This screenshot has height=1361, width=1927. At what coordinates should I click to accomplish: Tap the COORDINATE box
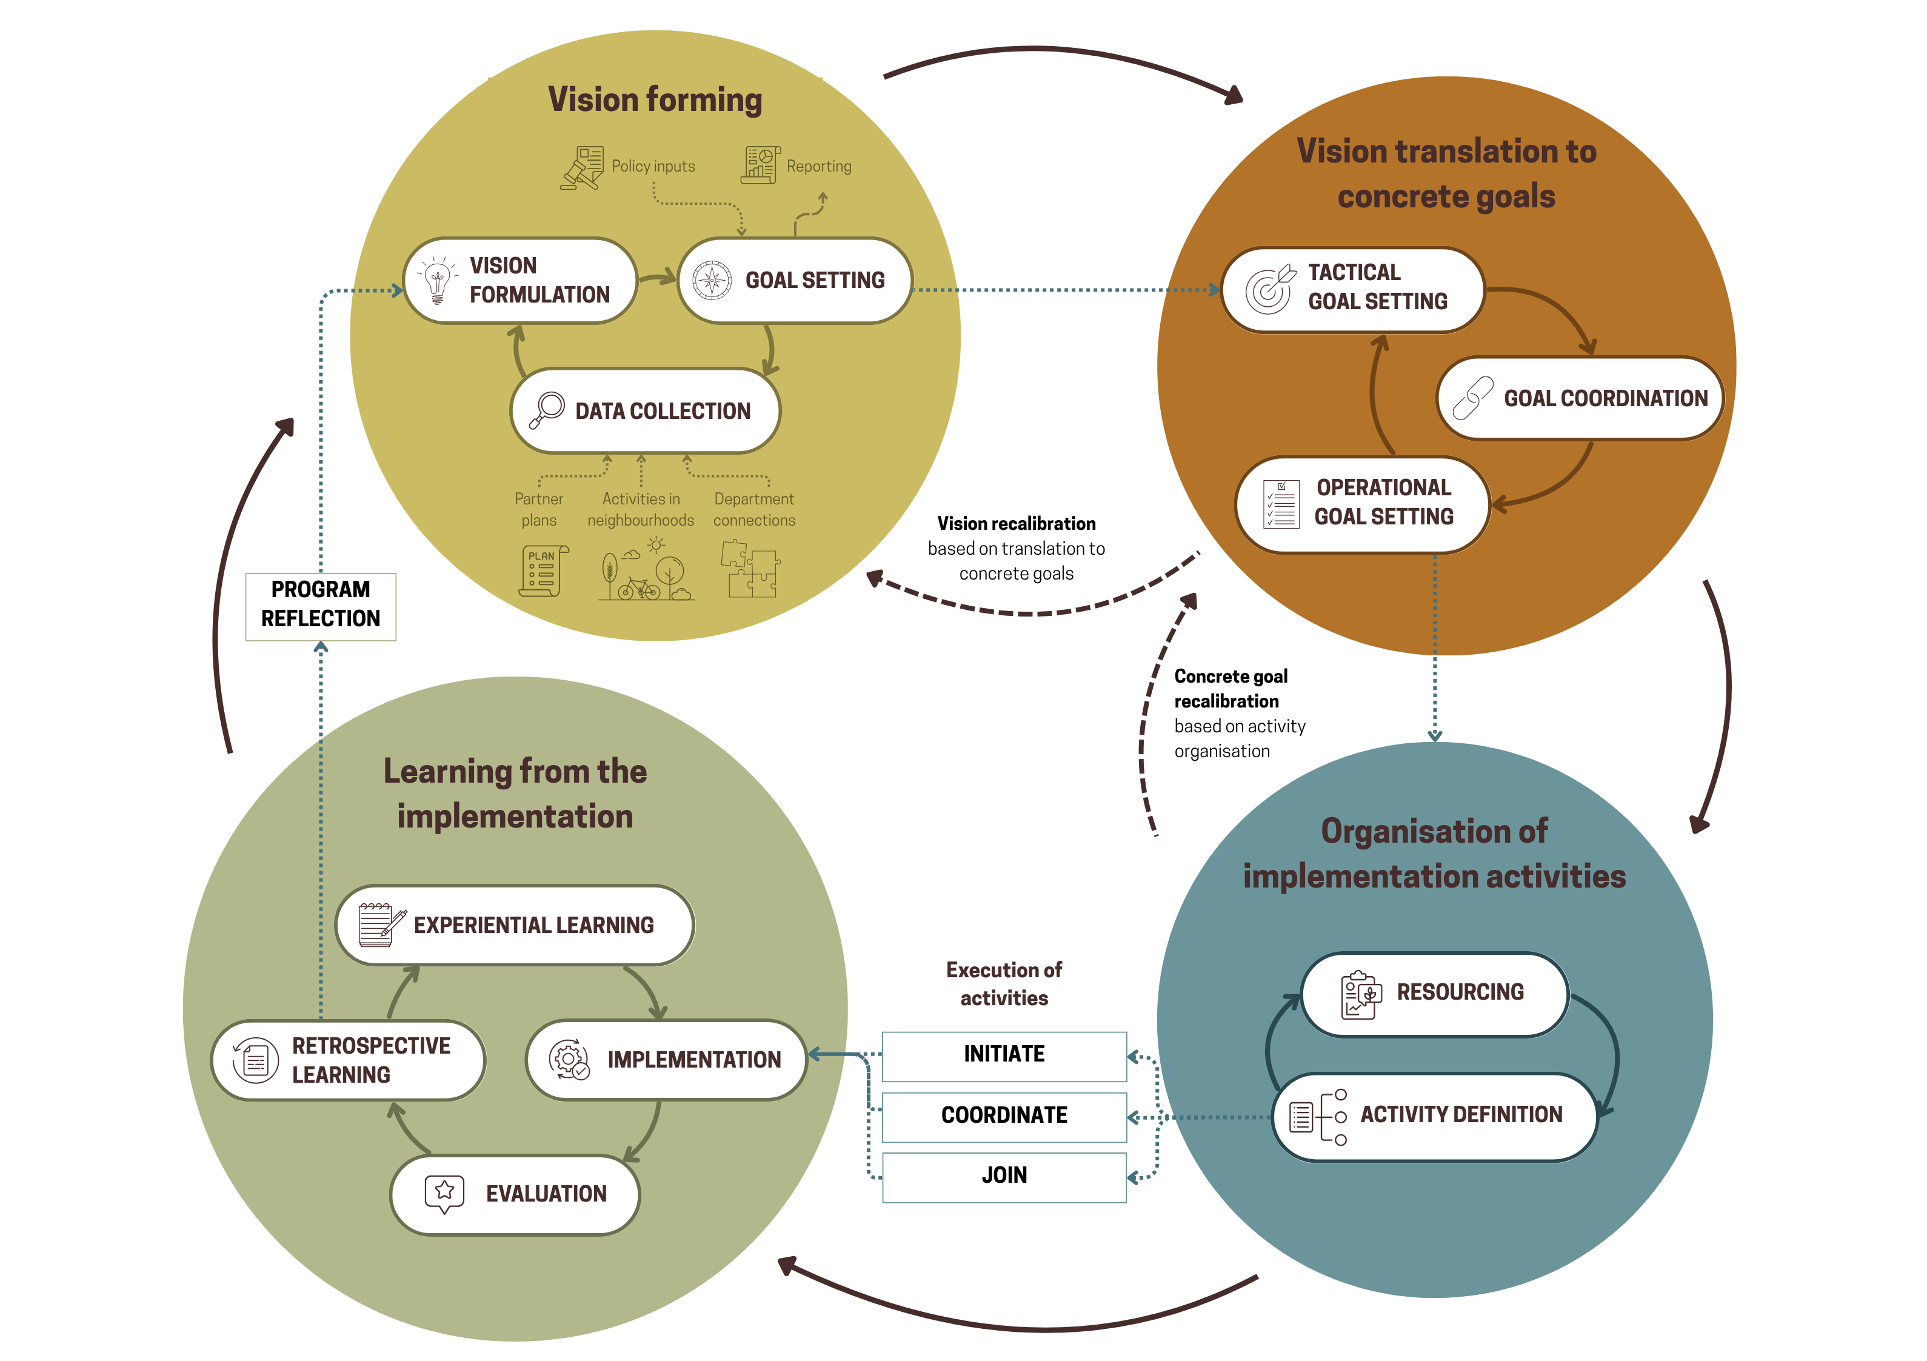1004,1116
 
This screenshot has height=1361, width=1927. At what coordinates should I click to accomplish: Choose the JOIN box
1004,1176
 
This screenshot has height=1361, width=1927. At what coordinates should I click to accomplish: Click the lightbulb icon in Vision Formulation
436,281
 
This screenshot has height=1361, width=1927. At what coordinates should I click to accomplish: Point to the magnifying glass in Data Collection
547,410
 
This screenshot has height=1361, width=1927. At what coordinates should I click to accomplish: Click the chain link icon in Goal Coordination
1473,398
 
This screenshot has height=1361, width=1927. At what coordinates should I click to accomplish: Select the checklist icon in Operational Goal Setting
1281,504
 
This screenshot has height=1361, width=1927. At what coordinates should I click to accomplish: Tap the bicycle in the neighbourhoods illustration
639,587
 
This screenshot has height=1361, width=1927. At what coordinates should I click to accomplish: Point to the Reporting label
818,166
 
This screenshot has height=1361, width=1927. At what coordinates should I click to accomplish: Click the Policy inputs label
653,166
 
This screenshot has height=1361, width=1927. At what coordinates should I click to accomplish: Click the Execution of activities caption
1004,983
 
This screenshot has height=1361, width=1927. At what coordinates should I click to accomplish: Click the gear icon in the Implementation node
568,1060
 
